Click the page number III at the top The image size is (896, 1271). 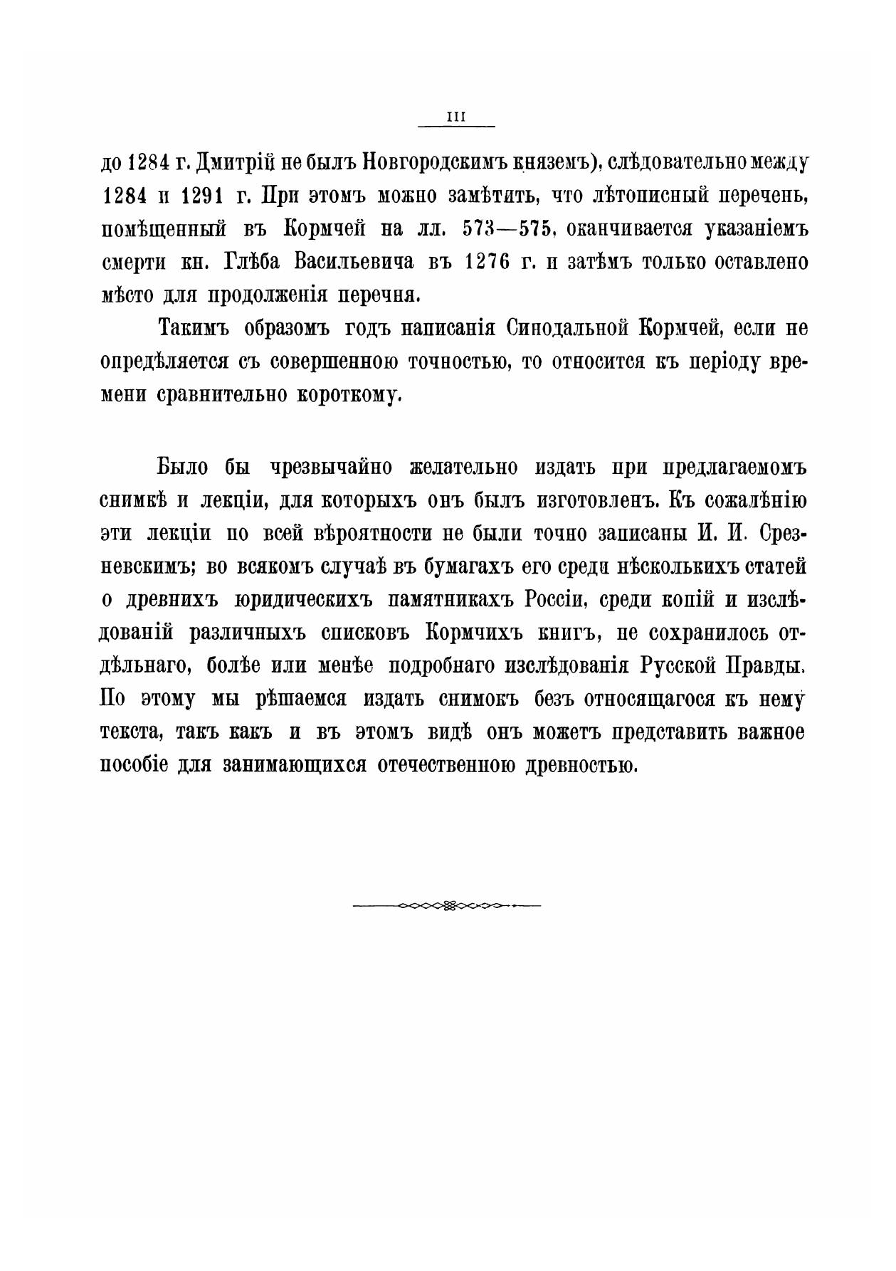pyautogui.click(x=455, y=119)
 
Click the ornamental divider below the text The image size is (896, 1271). pyautogui.click(x=448, y=906)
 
